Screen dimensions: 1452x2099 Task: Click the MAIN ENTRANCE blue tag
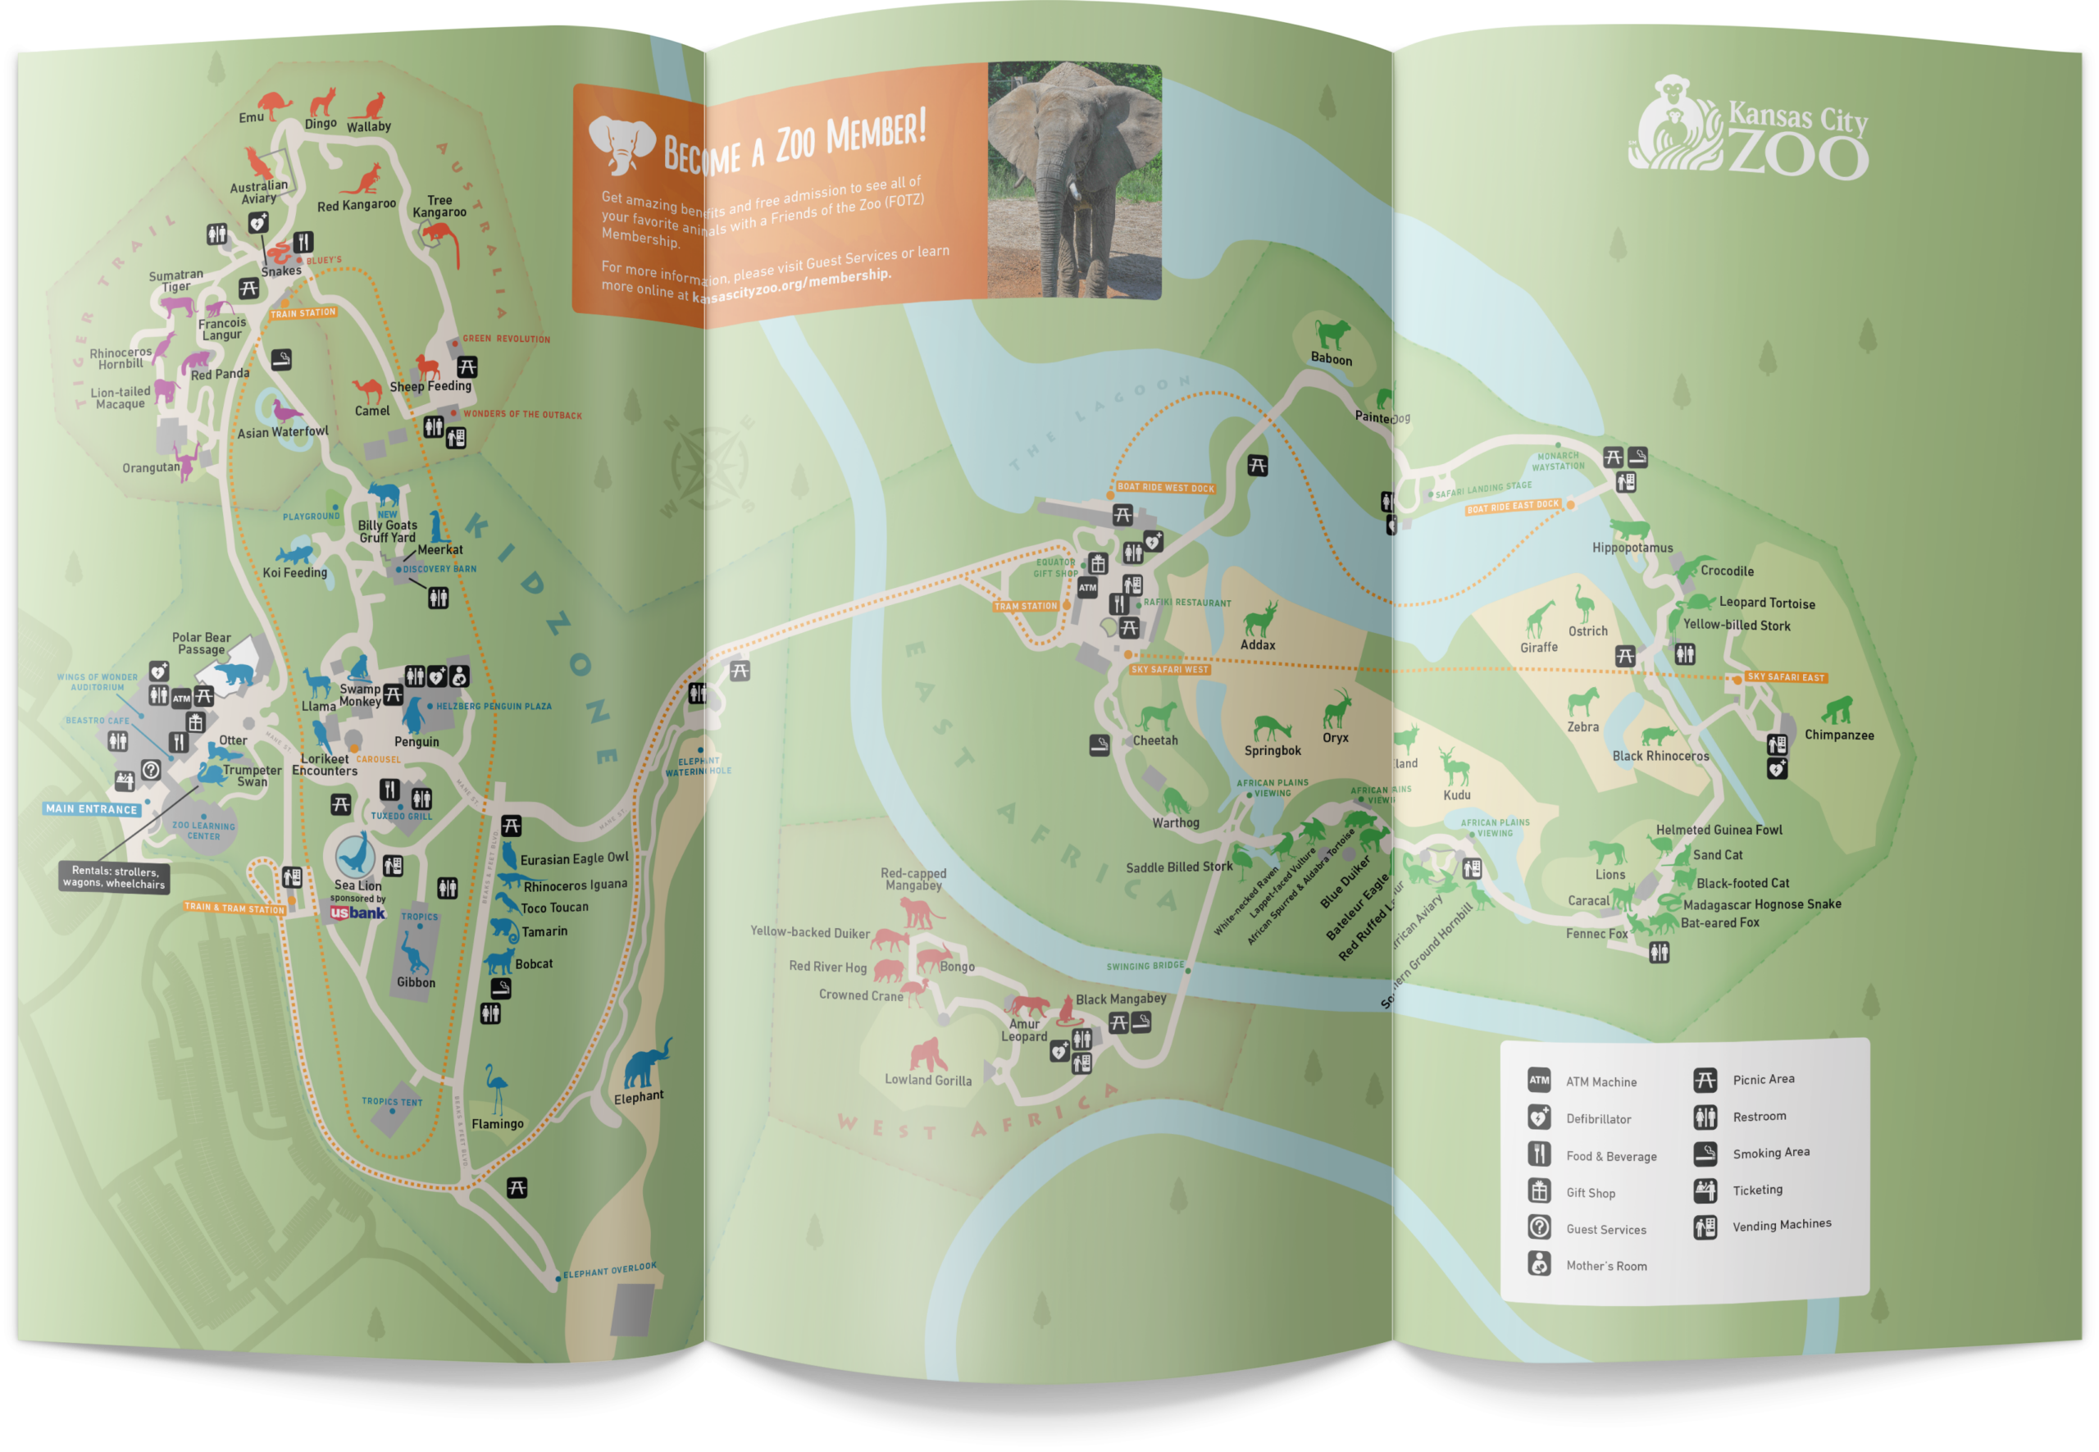(x=92, y=808)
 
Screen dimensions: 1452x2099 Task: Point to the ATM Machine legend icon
(x=1538, y=1081)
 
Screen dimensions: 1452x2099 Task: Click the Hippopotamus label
(x=1632, y=548)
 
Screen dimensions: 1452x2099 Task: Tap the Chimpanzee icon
(x=1837, y=710)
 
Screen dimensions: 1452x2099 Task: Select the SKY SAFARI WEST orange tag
(x=1169, y=670)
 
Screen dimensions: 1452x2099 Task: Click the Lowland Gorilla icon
(x=928, y=1055)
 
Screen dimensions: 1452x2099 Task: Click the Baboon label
(x=1331, y=359)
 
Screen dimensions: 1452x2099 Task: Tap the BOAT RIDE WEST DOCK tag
(x=1165, y=488)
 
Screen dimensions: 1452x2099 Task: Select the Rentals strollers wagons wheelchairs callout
(x=114, y=877)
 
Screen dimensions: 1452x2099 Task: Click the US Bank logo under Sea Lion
(x=357, y=913)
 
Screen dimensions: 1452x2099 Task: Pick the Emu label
(x=251, y=117)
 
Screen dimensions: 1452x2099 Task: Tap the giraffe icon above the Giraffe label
(x=1537, y=620)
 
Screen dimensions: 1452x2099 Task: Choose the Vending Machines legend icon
(x=1705, y=1227)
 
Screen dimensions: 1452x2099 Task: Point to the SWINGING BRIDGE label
(x=1145, y=965)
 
